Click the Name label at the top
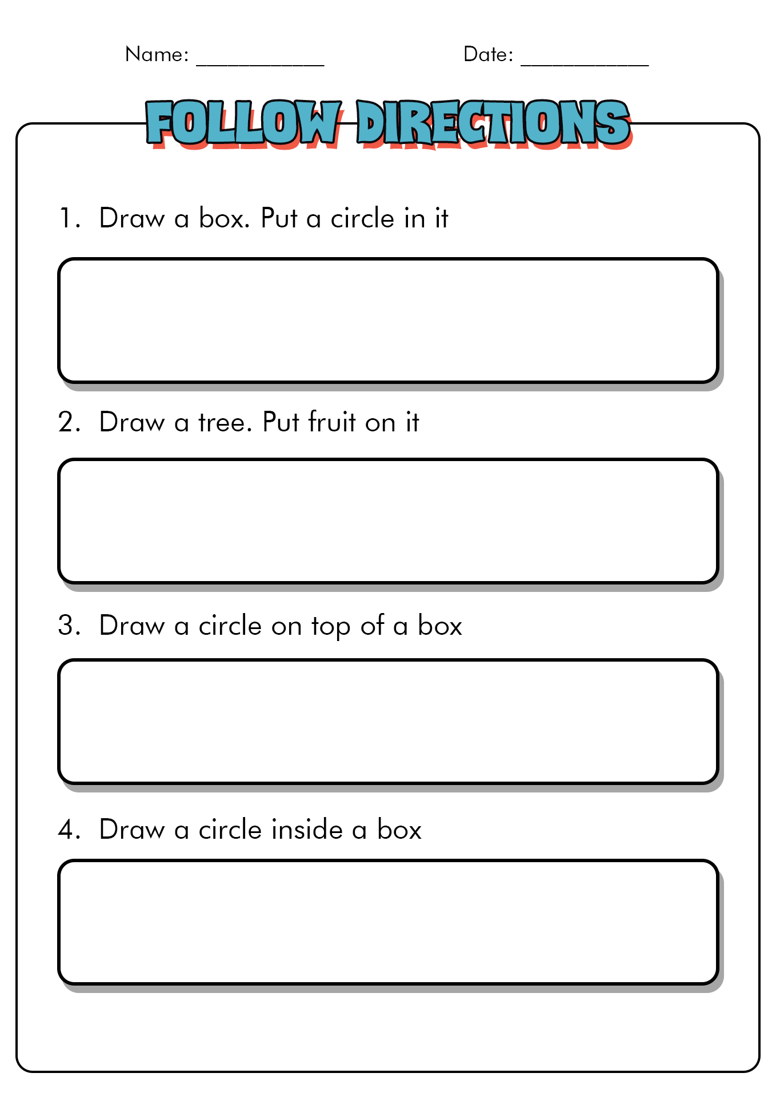(x=156, y=54)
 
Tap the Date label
(x=487, y=54)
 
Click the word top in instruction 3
(x=330, y=627)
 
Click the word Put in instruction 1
(x=279, y=218)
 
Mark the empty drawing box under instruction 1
(x=387, y=320)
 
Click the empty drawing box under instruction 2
(x=387, y=521)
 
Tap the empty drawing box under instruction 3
(x=387, y=721)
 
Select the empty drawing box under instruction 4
(x=387, y=922)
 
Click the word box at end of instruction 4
(x=399, y=829)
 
